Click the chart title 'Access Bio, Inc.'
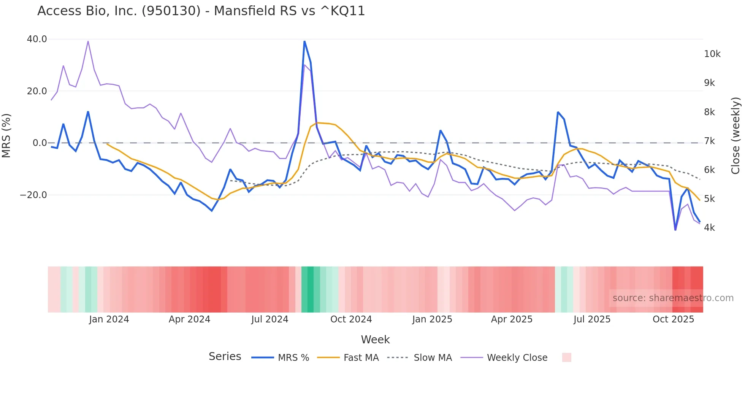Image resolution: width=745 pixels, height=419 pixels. pos(201,11)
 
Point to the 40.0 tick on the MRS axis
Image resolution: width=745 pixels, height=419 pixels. pos(37,39)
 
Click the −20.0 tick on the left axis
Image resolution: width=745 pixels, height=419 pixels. pos(33,195)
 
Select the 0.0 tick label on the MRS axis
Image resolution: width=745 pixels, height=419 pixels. pos(40,143)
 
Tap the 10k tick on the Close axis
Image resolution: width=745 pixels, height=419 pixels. pos(712,54)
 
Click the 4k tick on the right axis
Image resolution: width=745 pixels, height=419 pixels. pos(709,228)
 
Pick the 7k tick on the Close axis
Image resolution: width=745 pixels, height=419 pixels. pos(709,141)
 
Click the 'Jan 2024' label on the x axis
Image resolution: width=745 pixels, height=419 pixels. pos(109,319)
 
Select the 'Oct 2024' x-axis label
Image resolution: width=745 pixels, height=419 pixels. pos(351,319)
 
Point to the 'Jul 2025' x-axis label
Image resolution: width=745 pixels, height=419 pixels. pos(592,319)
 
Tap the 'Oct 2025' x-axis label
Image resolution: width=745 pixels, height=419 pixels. pos(673,319)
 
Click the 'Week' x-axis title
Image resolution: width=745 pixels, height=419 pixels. pos(375,340)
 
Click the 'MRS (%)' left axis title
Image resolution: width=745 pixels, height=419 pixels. pos(6,135)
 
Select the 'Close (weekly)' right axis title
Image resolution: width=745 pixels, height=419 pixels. pos(735,136)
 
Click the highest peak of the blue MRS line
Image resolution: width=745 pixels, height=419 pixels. pos(304,41)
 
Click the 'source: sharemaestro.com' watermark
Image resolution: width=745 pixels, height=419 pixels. pos(673,298)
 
